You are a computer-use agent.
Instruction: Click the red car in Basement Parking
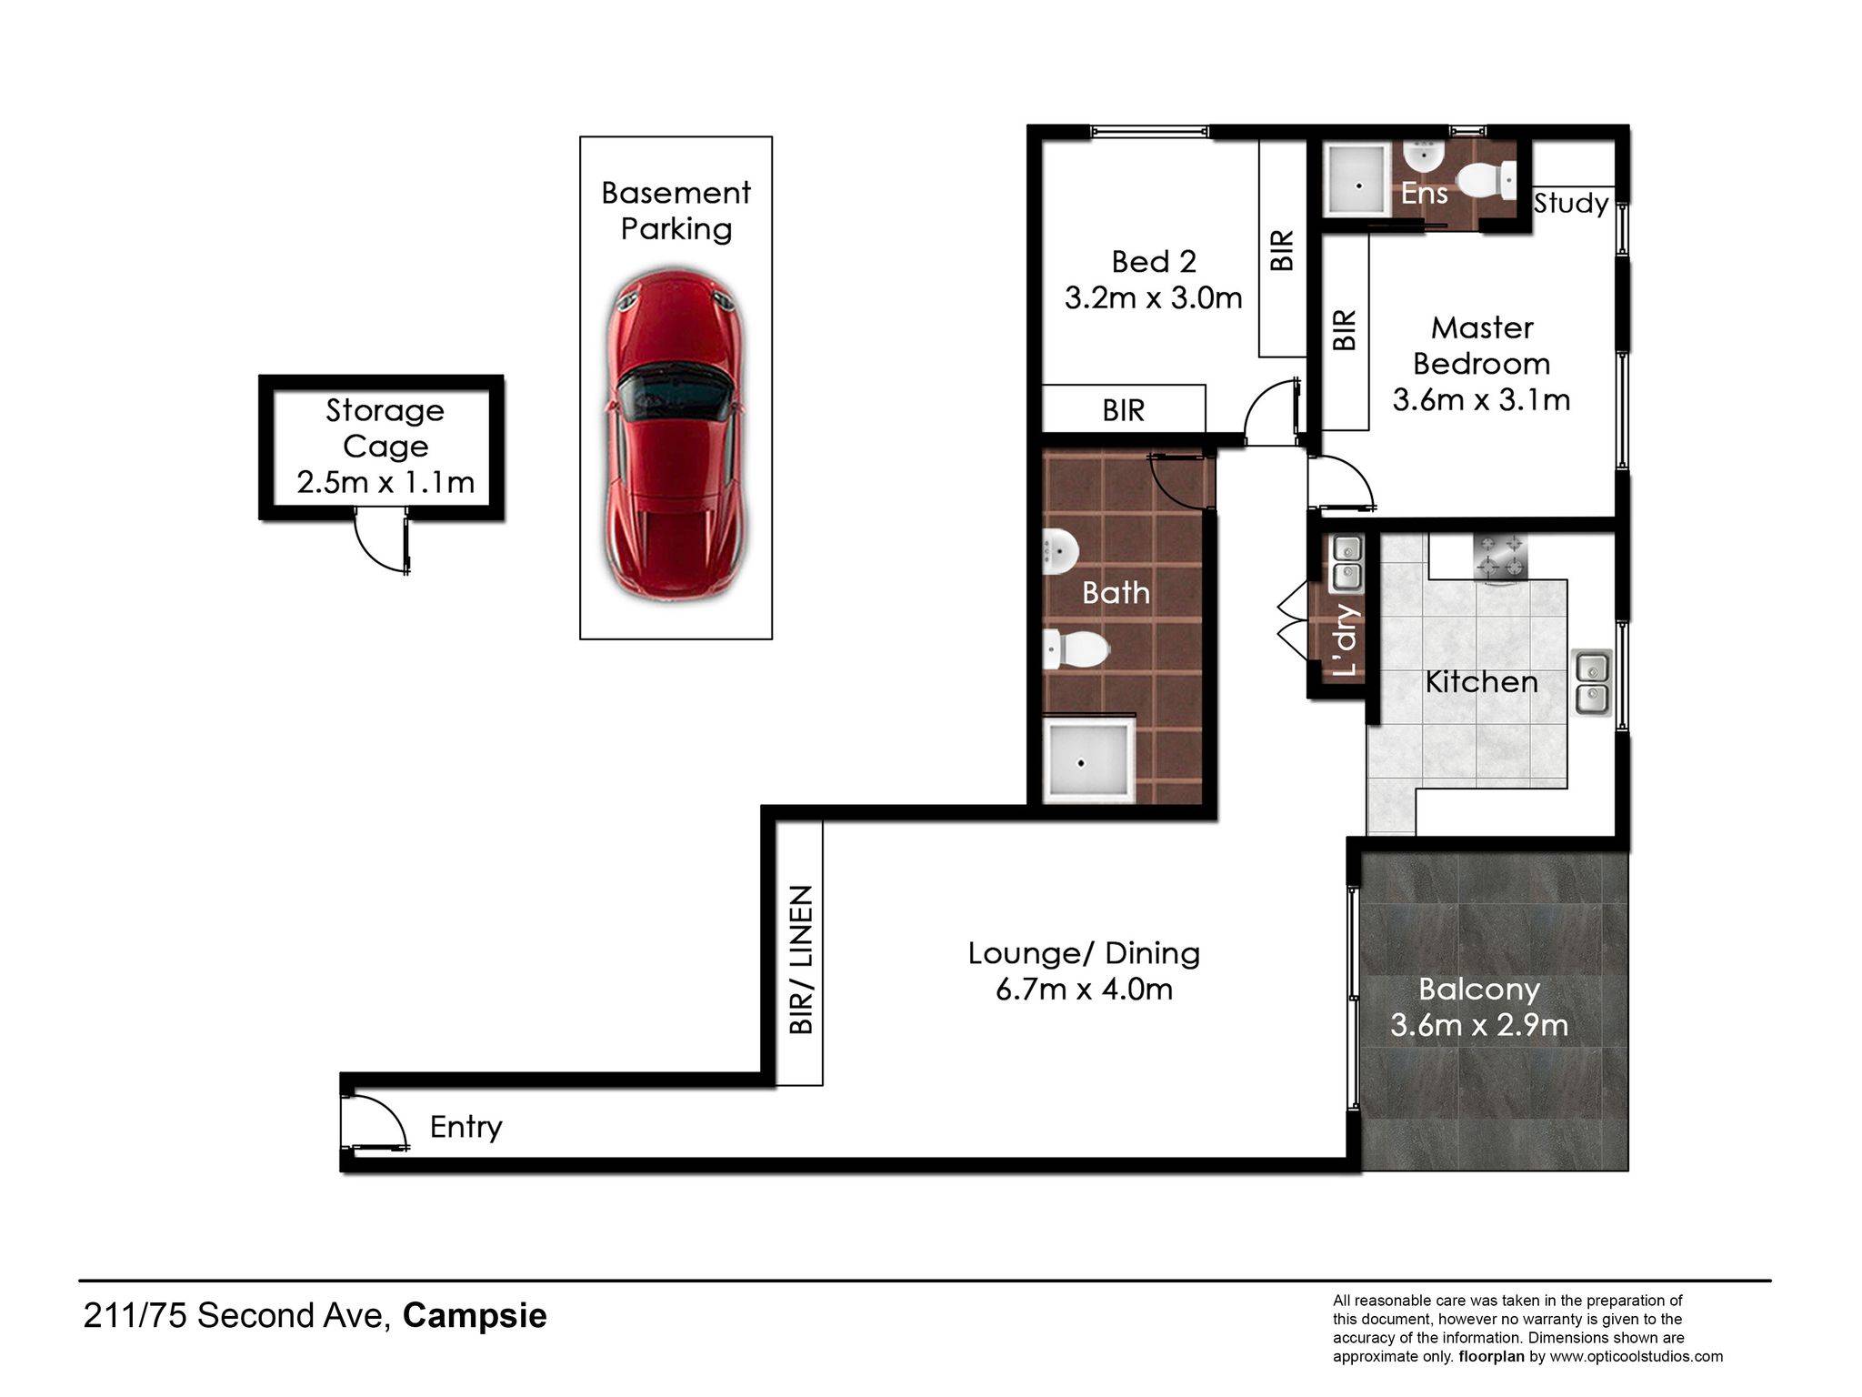click(676, 437)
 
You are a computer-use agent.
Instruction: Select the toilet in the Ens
click(1491, 179)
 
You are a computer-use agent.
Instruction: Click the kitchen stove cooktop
click(1500, 557)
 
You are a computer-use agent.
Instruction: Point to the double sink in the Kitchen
click(1592, 682)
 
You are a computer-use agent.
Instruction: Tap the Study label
click(1571, 203)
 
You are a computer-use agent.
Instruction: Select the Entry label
click(465, 1128)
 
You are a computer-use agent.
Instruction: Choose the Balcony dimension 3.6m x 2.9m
click(1479, 1025)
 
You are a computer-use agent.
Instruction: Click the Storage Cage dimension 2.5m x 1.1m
click(385, 482)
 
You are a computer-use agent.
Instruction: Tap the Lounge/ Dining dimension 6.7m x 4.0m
click(1084, 989)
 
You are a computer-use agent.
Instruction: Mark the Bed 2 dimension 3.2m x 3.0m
click(1153, 297)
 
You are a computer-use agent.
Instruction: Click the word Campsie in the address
click(475, 1316)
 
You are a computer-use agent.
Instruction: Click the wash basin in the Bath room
click(1060, 548)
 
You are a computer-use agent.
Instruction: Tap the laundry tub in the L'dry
click(1346, 562)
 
